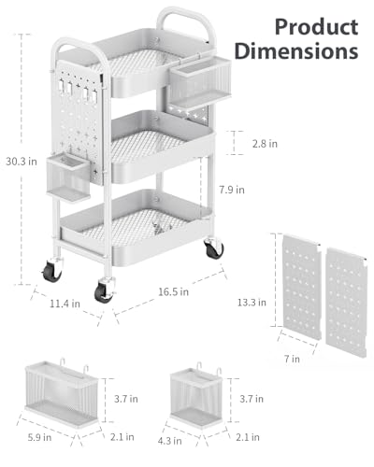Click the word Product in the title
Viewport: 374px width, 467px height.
(316, 27)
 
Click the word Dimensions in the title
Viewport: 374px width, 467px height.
(296, 51)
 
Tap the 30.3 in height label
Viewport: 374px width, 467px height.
(22, 162)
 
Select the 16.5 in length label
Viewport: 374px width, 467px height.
(173, 291)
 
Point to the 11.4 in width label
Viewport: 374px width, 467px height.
(65, 304)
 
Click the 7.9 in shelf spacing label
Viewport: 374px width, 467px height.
(232, 190)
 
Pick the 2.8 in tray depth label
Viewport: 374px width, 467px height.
(265, 144)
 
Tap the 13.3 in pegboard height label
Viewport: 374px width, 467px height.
(252, 303)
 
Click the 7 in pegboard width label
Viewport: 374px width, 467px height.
(292, 359)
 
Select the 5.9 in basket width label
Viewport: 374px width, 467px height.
(39, 437)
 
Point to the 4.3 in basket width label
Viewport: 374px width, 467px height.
(169, 441)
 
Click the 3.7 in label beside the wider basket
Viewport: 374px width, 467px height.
(126, 399)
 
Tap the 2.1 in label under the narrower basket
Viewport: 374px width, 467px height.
(248, 437)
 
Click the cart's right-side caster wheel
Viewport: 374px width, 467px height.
(214, 248)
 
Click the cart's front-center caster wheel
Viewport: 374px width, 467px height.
(104, 291)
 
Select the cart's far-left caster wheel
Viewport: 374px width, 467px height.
(52, 270)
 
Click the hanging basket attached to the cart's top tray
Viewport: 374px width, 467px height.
(200, 82)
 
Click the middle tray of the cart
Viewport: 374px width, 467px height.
(162, 147)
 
